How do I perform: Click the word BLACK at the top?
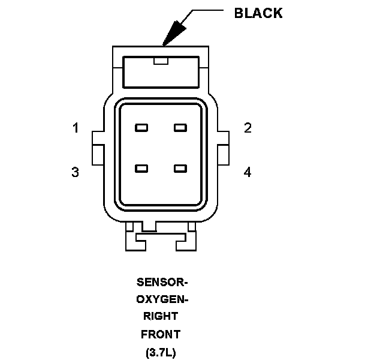tap(258, 13)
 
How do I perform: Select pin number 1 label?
tap(76, 128)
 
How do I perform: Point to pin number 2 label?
tap(247, 128)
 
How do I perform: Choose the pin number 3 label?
tap(75, 172)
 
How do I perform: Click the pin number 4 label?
tap(247, 172)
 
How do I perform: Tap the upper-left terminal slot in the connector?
tap(142, 128)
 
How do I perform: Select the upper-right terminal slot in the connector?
tap(180, 128)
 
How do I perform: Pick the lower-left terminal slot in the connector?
tap(142, 169)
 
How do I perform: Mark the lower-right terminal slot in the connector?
tap(180, 169)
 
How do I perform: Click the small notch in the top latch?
tap(161, 61)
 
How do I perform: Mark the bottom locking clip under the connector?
tap(160, 238)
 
